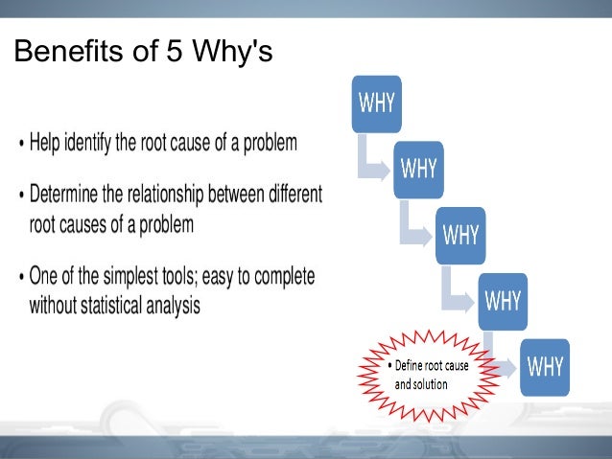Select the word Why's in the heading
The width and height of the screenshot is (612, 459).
(233, 52)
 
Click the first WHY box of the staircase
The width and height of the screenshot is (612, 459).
(377, 103)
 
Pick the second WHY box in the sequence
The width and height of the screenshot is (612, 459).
(418, 169)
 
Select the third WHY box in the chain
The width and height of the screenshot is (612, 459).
(459, 235)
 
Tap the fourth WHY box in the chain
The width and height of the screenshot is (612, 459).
(502, 301)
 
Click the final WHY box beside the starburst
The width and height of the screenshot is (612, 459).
(544, 366)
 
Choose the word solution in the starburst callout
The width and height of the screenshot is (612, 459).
(430, 384)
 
